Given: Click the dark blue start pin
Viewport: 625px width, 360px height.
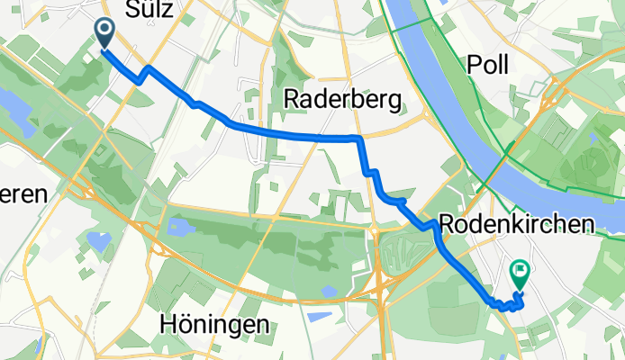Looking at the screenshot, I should coord(104,33).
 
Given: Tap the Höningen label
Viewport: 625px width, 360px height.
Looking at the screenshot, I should coord(214,323).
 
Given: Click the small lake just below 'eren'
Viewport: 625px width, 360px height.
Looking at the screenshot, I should coord(94,240).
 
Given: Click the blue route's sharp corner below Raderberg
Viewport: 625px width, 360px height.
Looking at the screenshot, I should coord(359,139).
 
